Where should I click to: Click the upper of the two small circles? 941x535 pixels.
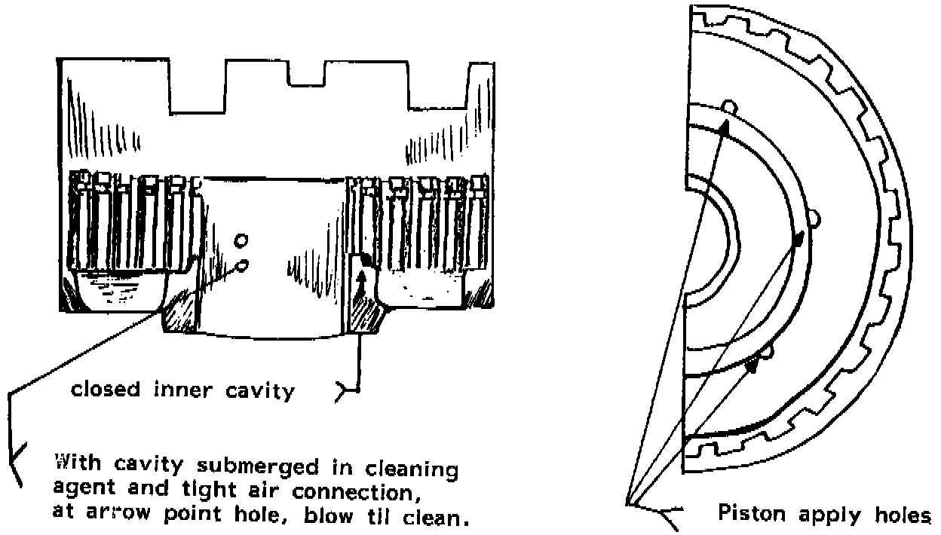pos(242,241)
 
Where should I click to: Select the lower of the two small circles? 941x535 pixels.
pos(242,265)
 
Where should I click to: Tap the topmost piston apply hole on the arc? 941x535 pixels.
pos(728,106)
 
